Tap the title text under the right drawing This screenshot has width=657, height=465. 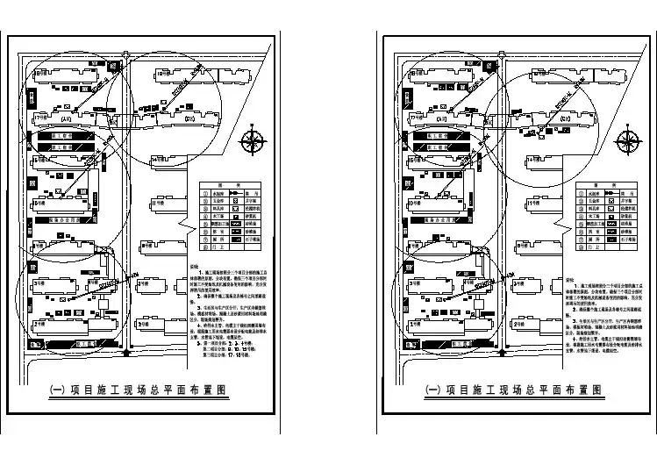515,389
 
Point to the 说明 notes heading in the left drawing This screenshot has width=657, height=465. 195,265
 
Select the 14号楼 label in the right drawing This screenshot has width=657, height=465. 534,159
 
